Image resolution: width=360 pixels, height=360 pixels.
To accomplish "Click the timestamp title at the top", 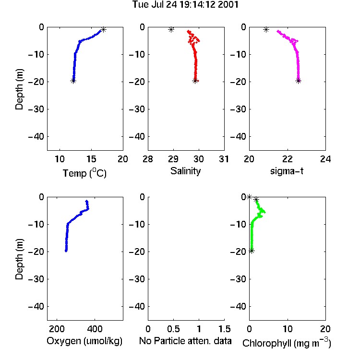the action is pyautogui.click(x=185, y=5).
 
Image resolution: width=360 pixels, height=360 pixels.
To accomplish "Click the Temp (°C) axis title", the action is pyautogui.click(x=84, y=173).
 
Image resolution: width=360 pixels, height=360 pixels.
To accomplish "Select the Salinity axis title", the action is pyautogui.click(x=185, y=171).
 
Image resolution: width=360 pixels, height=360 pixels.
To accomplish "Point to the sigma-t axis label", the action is pyautogui.click(x=287, y=171).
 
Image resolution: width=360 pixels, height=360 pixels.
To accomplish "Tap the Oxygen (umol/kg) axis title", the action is pyautogui.click(x=84, y=341).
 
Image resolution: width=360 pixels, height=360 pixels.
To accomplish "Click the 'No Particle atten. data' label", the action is pyautogui.click(x=185, y=341).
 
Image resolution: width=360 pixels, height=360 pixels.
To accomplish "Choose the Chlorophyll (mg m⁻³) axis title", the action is pyautogui.click(x=287, y=342).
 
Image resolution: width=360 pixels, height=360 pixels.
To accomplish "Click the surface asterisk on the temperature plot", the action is pyautogui.click(x=103, y=29).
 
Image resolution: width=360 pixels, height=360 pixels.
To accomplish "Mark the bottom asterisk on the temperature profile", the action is pyautogui.click(x=73, y=81).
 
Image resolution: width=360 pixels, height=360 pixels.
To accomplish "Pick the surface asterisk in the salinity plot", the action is pyautogui.click(x=171, y=29).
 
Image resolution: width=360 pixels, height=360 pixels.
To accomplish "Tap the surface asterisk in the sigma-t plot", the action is pyautogui.click(x=266, y=29).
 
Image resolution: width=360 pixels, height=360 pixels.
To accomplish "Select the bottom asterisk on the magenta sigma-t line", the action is pyautogui.click(x=298, y=81).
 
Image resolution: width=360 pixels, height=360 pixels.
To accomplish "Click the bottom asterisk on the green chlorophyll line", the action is pyautogui.click(x=252, y=251).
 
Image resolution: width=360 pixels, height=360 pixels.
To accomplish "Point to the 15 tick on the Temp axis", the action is pyautogui.click(x=91, y=159).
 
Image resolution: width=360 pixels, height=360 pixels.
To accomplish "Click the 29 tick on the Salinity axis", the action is pyautogui.click(x=173, y=159).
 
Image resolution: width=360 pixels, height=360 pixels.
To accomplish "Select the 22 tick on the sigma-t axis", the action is pyautogui.click(x=287, y=159).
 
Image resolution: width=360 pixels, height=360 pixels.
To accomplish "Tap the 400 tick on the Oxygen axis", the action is pyautogui.click(x=95, y=329).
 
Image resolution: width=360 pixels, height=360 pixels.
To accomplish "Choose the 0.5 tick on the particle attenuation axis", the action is pyautogui.click(x=173, y=329).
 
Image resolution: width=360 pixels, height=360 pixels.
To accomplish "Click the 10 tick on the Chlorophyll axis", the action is pyautogui.click(x=287, y=329).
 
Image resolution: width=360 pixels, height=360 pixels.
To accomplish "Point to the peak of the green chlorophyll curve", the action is pyautogui.click(x=264, y=212).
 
